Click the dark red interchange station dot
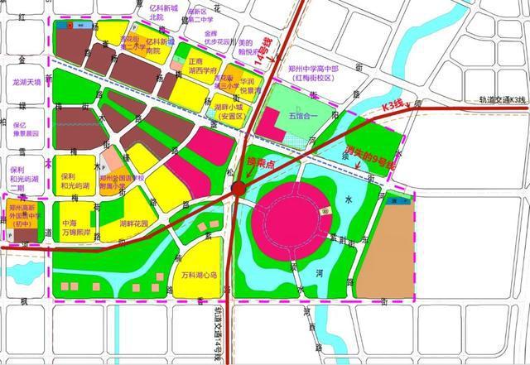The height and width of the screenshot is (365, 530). tap(238, 190)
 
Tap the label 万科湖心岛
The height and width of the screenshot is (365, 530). tap(197, 275)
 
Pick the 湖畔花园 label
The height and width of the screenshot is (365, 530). tap(133, 224)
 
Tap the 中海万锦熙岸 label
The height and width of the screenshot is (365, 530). tap(79, 229)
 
